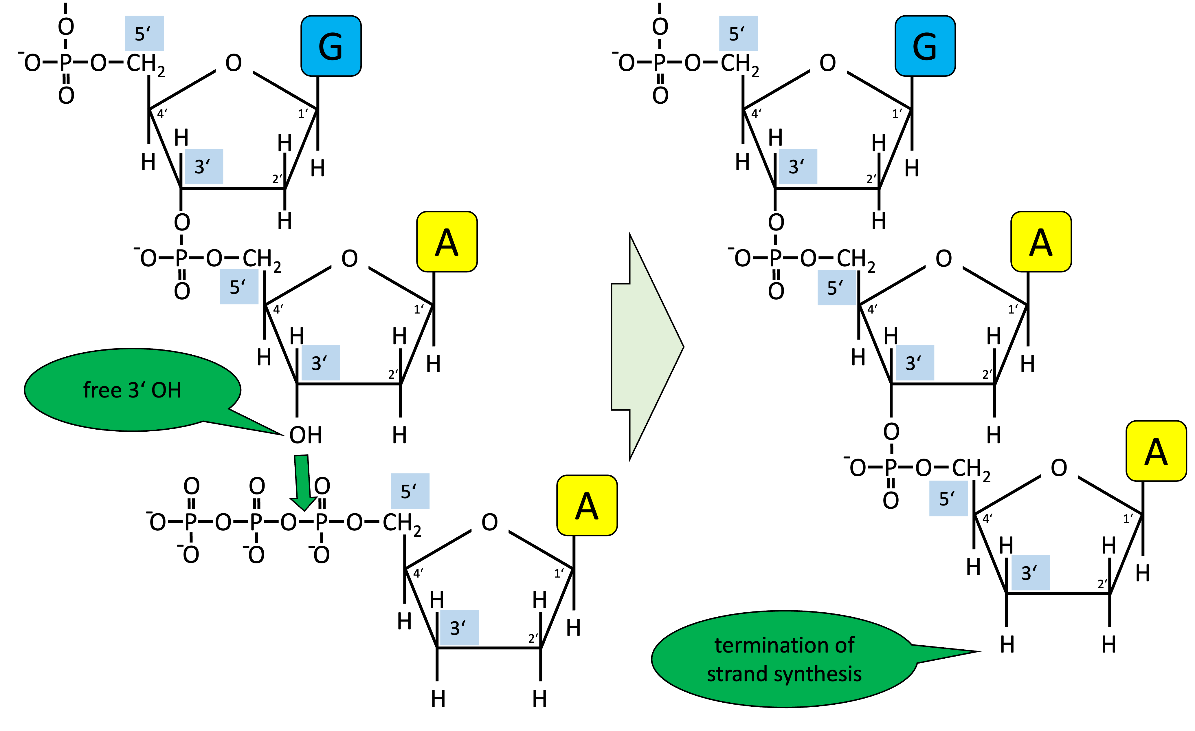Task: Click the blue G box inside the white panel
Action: point(925,46)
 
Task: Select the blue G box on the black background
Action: point(331,46)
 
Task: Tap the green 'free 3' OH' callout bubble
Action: point(132,390)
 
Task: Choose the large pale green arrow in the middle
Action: point(647,347)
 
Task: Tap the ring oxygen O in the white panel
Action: point(828,63)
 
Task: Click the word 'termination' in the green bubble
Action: point(768,645)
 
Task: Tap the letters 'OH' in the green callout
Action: point(166,390)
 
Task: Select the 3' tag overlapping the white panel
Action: point(798,166)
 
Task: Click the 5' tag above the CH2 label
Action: point(738,34)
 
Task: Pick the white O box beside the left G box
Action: point(234,62)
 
